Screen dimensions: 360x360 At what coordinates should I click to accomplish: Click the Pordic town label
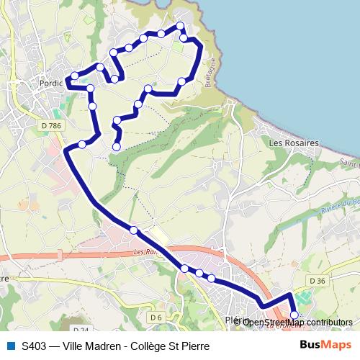(x=53, y=84)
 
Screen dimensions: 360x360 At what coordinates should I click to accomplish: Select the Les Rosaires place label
(x=293, y=143)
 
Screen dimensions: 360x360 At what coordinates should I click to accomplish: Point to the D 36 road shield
(x=317, y=280)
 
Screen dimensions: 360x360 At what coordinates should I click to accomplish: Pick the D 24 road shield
(x=81, y=330)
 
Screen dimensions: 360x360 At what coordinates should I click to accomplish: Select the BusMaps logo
(x=326, y=346)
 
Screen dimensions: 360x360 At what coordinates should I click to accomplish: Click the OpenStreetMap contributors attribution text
(x=297, y=323)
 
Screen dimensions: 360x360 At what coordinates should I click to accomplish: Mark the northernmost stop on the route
(x=180, y=27)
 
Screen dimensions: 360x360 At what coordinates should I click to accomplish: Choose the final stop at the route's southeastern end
(x=294, y=315)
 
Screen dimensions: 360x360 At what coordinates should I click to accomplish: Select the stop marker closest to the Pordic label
(x=74, y=76)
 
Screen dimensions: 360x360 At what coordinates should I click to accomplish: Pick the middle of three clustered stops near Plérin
(x=199, y=274)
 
